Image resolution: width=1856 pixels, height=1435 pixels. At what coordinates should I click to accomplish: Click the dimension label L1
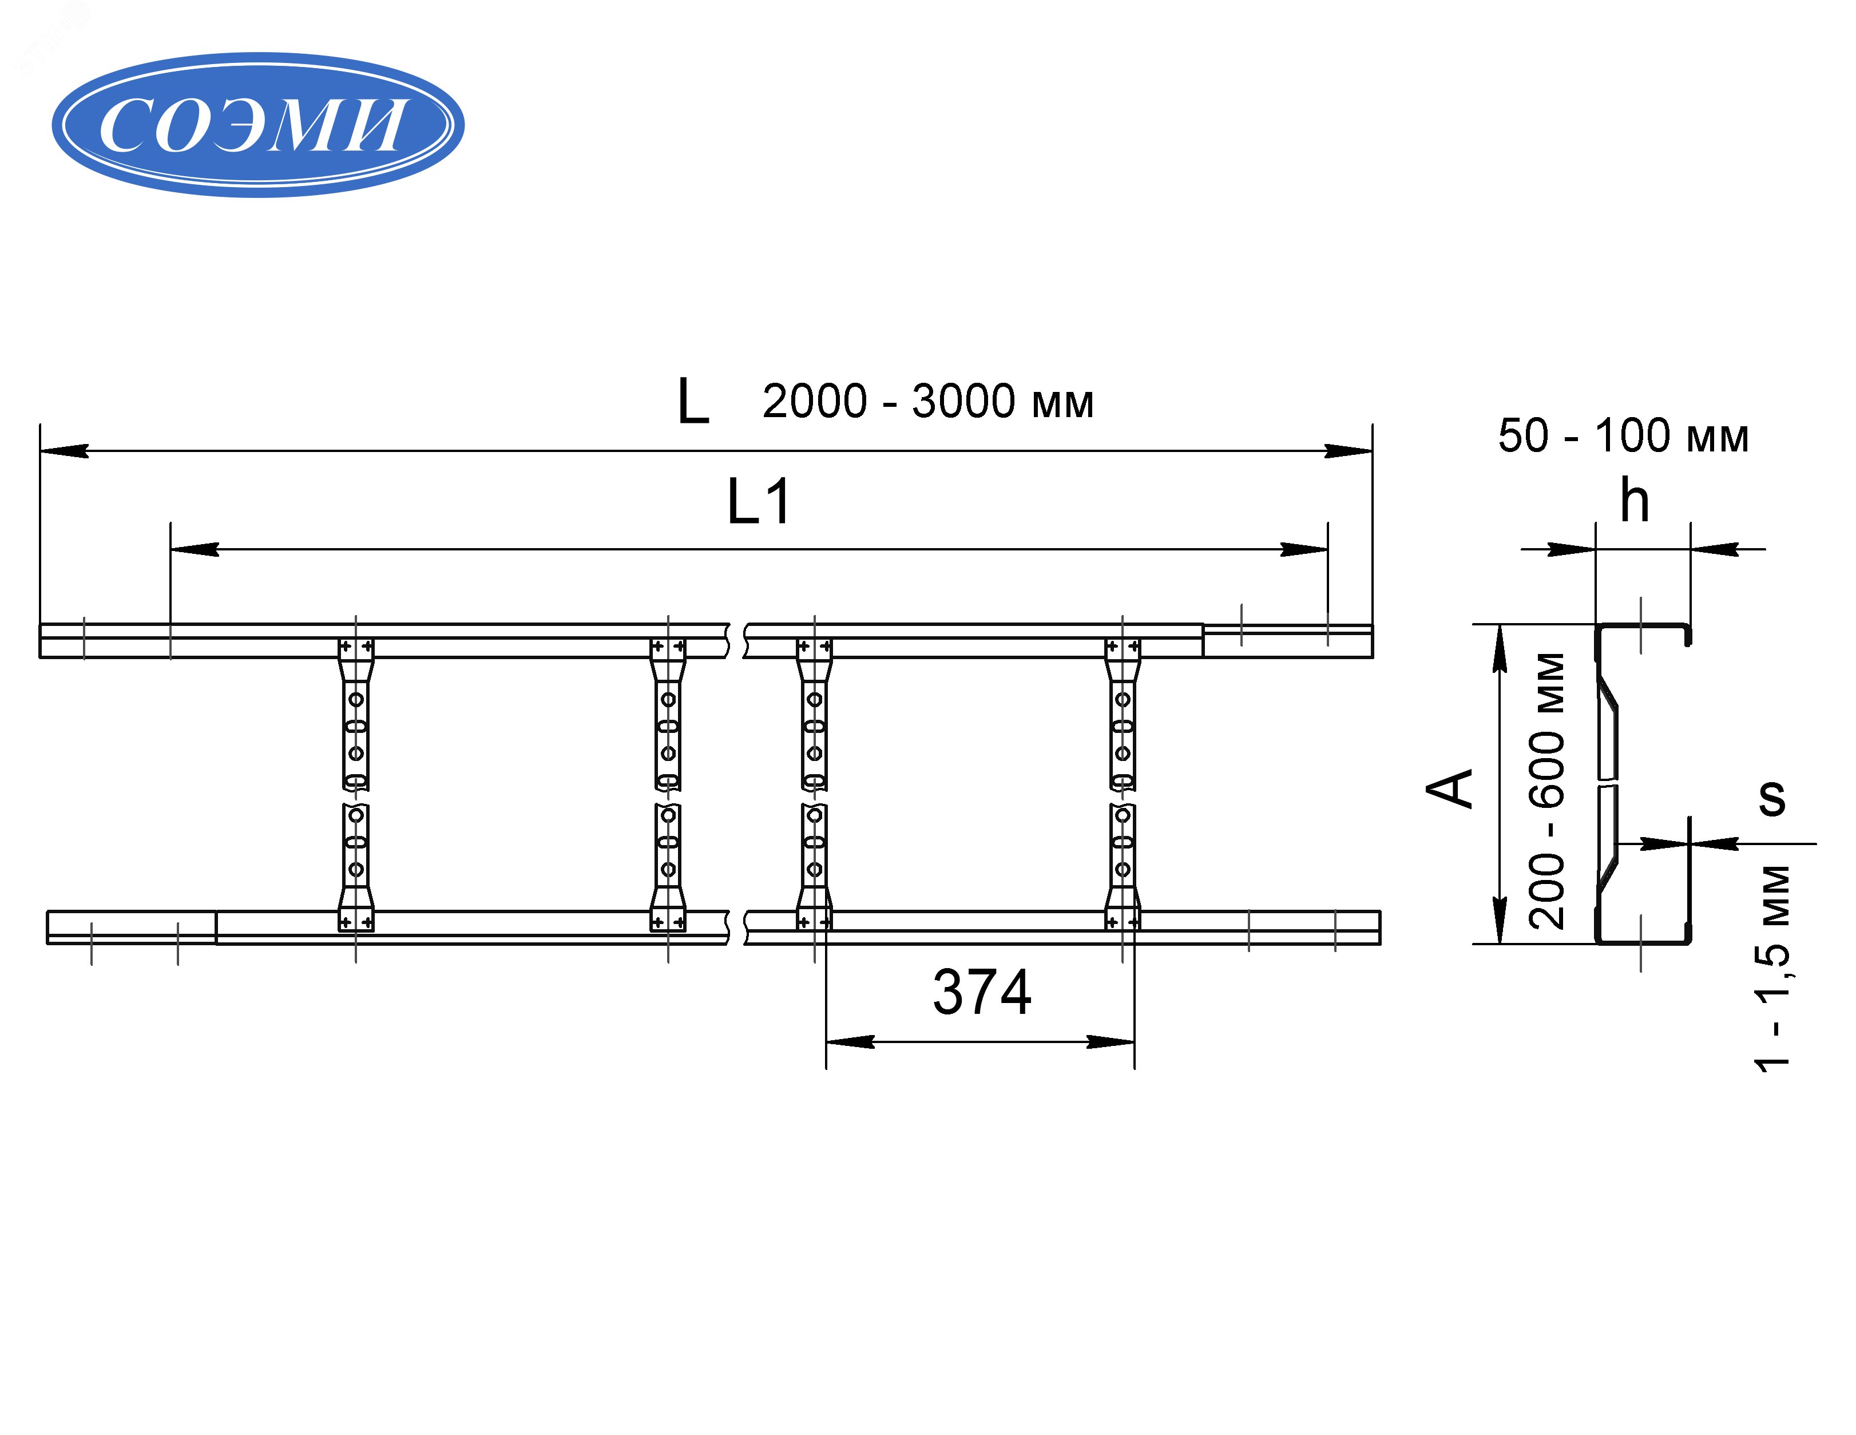point(759,502)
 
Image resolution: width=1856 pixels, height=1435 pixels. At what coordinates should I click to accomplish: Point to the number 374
point(982,992)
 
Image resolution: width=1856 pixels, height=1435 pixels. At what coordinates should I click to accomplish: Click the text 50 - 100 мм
point(1623,436)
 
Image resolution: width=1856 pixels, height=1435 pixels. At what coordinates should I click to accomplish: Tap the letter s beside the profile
point(1772,798)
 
